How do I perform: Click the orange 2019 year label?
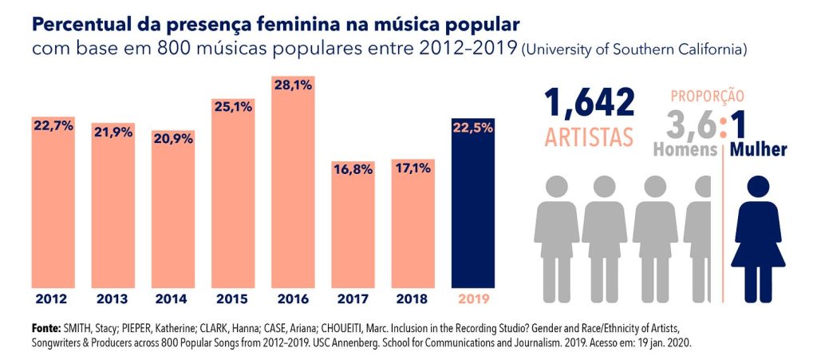473,300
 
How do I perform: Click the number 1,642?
590,104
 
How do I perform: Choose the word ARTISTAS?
590,136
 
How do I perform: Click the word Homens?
684,149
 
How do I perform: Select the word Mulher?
758,149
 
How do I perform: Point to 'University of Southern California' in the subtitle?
634,50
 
